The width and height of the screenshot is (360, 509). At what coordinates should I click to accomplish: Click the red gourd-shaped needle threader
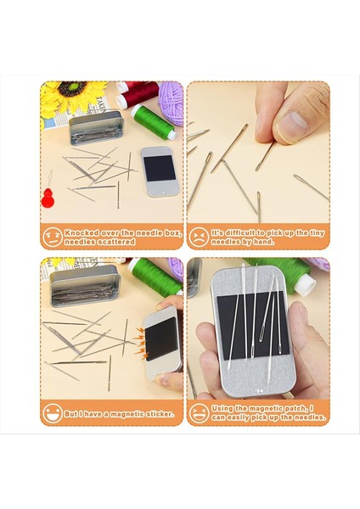pos(48,197)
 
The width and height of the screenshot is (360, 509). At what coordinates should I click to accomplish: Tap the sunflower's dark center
pos(73,88)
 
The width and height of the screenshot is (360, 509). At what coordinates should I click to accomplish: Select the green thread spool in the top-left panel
pos(153,122)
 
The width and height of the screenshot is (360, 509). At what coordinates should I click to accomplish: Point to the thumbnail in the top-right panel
pos(291,126)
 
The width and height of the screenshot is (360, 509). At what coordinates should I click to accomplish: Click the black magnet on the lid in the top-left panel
pos(160,168)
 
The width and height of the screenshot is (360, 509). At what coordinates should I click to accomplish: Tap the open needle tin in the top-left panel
pos(97,127)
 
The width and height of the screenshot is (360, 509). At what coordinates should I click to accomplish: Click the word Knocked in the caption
pos(82,232)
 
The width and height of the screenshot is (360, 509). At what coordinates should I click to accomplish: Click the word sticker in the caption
pos(160,414)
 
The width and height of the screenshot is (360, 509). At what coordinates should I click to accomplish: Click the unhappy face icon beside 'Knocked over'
pos(53,237)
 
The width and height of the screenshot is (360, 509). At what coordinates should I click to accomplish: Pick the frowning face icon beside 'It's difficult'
pos(199,237)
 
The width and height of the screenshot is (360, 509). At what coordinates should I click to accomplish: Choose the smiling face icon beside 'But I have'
pos(53,413)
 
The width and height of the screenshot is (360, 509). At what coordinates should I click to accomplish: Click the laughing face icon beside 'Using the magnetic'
pos(199,413)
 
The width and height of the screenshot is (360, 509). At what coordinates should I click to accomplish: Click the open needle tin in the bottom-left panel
pos(86,286)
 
